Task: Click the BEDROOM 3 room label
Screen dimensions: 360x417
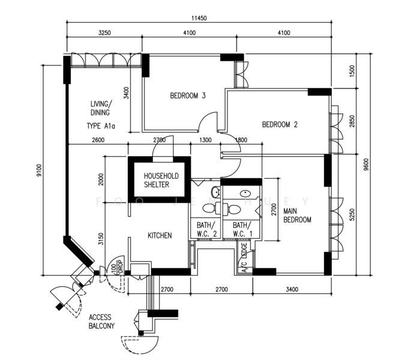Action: tap(188, 95)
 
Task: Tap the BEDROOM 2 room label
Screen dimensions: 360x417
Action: tap(280, 125)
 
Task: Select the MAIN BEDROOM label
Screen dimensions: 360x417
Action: tap(298, 215)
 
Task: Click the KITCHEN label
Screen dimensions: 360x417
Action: tap(160, 236)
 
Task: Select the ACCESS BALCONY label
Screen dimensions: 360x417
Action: tap(102, 322)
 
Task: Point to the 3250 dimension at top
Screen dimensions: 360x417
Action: tap(105, 33)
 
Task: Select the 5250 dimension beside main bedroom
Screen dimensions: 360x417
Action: tap(352, 214)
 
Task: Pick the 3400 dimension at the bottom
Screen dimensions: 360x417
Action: tap(292, 290)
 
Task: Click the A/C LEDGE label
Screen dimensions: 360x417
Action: tap(244, 259)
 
